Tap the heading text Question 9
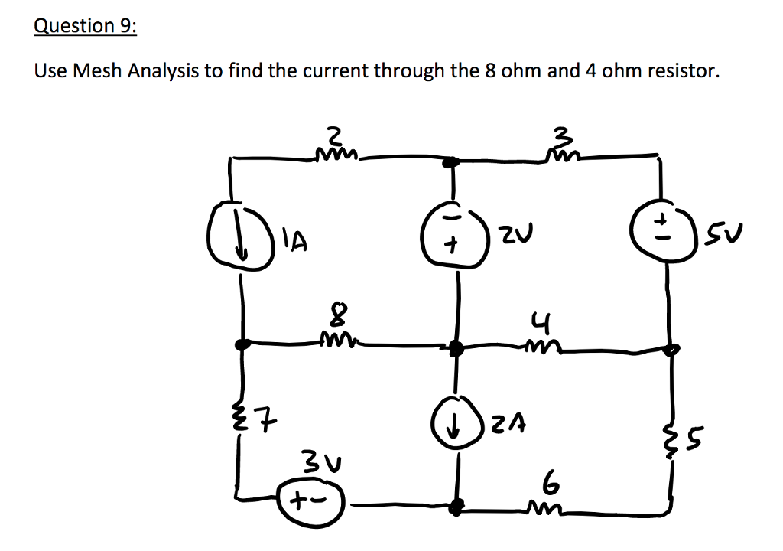[86, 25]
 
